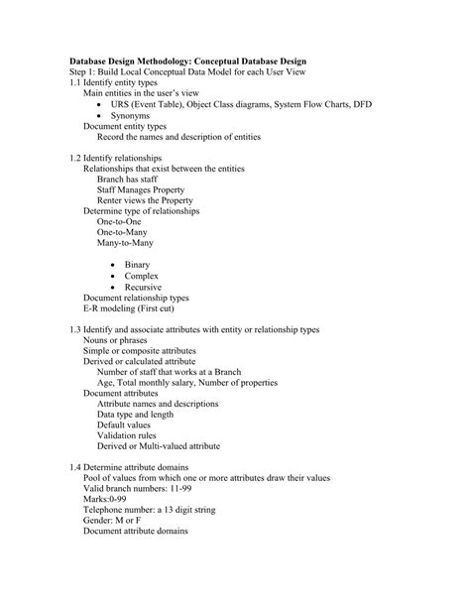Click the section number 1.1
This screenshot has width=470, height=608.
(75, 82)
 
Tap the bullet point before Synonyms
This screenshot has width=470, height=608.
(102, 116)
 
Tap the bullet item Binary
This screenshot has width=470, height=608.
(137, 266)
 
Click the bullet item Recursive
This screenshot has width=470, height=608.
(143, 288)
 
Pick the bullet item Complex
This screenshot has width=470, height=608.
(142, 277)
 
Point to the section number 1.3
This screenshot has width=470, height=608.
(75, 330)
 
